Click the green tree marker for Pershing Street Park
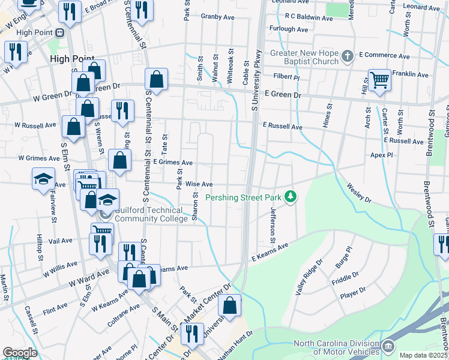(x=291, y=197)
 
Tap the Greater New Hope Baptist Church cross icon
(x=347, y=58)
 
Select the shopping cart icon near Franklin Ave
(x=379, y=79)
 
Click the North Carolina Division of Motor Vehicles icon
(x=388, y=346)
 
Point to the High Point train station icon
(x=60, y=32)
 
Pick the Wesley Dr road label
(x=358, y=193)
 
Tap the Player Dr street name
(x=352, y=293)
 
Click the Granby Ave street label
(x=217, y=16)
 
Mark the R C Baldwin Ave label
(x=309, y=19)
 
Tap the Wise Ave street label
(x=199, y=184)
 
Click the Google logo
(x=20, y=353)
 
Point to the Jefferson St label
(x=273, y=225)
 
